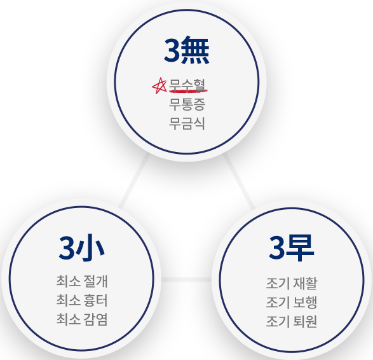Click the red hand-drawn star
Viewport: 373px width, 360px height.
(159, 85)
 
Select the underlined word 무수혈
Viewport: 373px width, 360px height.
(187, 85)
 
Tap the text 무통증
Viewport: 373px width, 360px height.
(187, 104)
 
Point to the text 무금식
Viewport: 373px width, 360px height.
(187, 123)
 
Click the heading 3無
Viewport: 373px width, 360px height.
(187, 50)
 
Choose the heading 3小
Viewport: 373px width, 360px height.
(81, 248)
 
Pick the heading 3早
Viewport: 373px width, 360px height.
(292, 248)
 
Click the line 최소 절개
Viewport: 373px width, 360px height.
(82, 281)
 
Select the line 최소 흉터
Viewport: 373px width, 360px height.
(82, 300)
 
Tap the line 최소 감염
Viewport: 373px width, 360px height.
(82, 319)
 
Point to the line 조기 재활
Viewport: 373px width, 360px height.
(292, 283)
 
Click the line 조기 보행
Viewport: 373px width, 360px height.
(292, 302)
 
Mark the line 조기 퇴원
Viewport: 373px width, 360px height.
(292, 321)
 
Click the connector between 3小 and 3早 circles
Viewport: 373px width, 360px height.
(187, 279)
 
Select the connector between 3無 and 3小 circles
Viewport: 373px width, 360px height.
(135, 181)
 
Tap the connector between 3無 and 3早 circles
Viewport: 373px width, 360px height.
(239, 181)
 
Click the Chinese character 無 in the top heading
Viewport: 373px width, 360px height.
(195, 50)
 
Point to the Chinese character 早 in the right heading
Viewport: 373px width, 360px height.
(300, 248)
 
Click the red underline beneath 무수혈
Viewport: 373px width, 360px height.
(188, 91)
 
